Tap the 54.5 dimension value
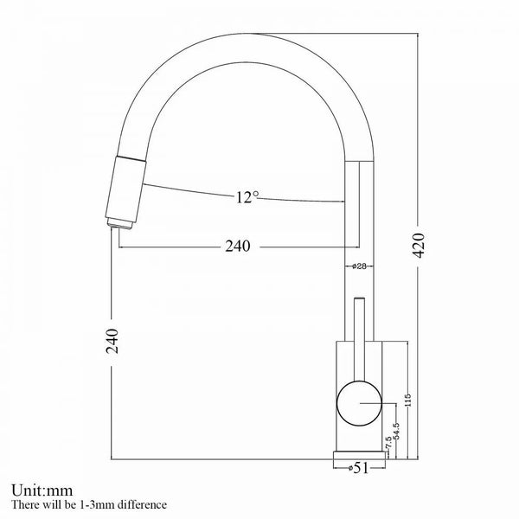click(x=395, y=431)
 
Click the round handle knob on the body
click(x=356, y=404)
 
